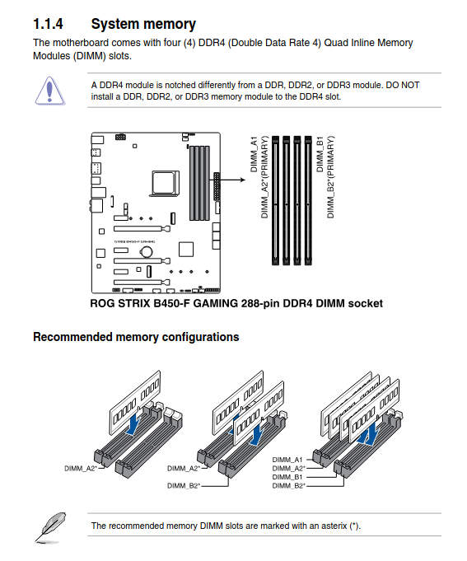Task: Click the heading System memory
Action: (143, 24)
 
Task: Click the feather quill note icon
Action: (51, 525)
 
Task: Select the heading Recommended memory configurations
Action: (136, 337)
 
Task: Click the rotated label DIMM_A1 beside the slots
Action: (254, 155)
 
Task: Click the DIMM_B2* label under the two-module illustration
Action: (182, 486)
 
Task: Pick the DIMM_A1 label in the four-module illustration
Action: (288, 459)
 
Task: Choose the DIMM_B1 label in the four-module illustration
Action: (288, 477)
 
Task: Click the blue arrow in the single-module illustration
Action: (134, 422)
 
